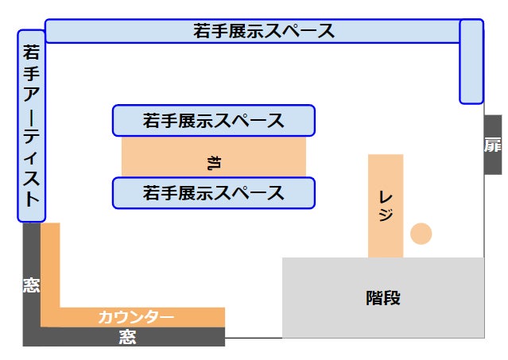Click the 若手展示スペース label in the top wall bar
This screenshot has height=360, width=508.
[x=263, y=32]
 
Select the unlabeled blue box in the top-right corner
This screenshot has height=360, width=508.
[x=471, y=61]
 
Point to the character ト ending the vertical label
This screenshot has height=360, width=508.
[x=32, y=199]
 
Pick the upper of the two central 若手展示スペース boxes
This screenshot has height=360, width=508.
[x=214, y=121]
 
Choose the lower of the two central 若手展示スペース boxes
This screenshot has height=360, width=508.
[x=214, y=192]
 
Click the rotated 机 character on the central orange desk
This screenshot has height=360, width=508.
[x=213, y=164]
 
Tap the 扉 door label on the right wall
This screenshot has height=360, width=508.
[x=493, y=145]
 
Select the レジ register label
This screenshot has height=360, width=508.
[x=386, y=205]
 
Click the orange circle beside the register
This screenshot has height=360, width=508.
[x=421, y=234]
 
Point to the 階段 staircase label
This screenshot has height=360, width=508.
[x=383, y=298]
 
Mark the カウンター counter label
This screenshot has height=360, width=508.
[x=135, y=317]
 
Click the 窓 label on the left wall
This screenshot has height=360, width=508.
[x=31, y=285]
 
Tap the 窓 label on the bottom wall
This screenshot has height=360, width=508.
[x=127, y=337]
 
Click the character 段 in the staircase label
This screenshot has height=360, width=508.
[x=392, y=298]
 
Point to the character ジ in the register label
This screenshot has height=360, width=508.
[x=386, y=215]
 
